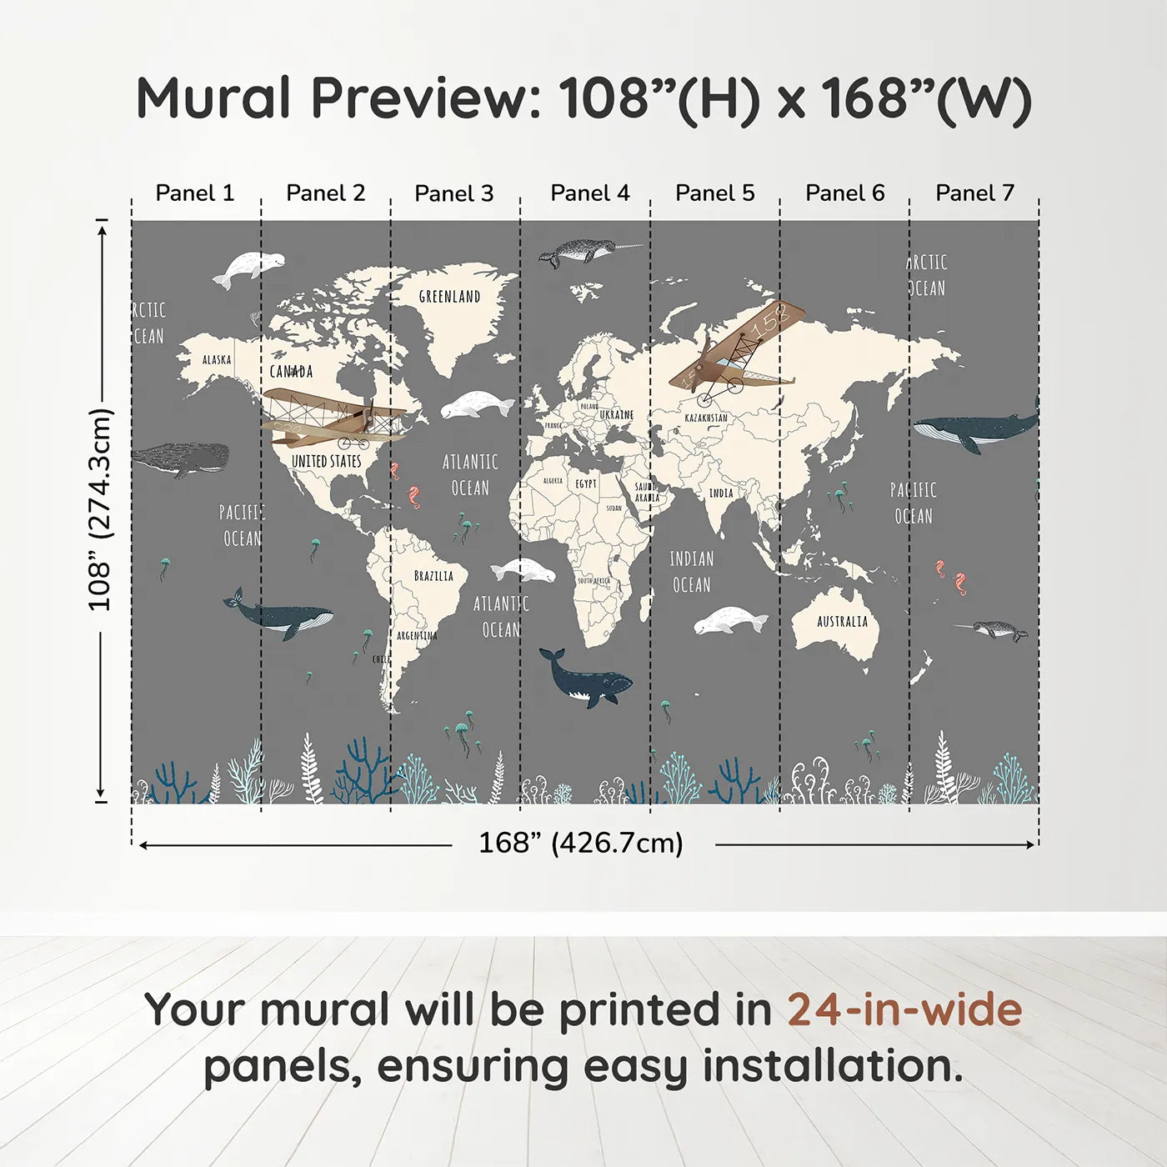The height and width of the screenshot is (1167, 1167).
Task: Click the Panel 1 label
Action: point(194,193)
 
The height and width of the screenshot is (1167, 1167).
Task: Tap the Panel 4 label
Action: point(589,193)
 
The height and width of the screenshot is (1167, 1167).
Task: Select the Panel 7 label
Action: point(974,193)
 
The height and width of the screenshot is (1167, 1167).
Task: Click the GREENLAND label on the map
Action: point(449,297)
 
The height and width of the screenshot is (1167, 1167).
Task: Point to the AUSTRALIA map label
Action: point(842,622)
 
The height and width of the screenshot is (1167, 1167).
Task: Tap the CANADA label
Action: point(291,372)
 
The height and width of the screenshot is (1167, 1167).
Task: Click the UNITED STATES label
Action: point(326,462)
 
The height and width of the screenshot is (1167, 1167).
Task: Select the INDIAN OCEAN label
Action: point(692,572)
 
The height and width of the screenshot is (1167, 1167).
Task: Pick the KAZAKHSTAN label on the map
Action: point(706,418)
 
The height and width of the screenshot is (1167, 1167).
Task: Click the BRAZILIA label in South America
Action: point(433,576)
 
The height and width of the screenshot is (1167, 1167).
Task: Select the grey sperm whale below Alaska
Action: point(181,458)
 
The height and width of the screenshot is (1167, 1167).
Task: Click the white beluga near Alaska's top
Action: point(247,268)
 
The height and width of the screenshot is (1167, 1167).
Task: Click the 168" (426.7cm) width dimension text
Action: point(580,844)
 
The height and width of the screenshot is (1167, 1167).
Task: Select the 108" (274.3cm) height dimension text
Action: point(100,509)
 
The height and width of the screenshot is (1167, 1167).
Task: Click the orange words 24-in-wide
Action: point(904,1010)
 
